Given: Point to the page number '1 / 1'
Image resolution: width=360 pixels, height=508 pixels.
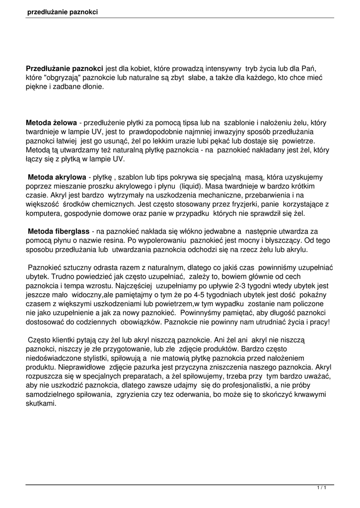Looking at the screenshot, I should (322, 489).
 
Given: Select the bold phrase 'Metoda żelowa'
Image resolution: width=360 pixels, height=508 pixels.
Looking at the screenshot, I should (51, 122).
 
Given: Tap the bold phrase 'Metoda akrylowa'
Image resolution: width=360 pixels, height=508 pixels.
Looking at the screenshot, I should (57, 177).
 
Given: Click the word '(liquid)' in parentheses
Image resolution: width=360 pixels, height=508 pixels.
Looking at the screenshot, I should (191, 186).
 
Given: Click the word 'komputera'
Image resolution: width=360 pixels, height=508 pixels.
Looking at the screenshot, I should (43, 214).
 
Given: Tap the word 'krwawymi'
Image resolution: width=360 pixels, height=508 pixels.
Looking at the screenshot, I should (310, 394).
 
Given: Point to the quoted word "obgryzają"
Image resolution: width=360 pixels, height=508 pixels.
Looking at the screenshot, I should (62, 77).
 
